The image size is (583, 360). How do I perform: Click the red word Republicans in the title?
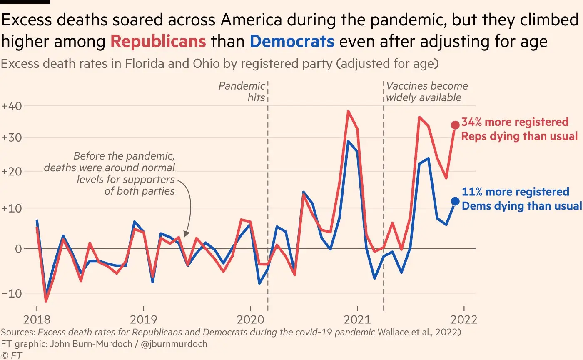(158, 42)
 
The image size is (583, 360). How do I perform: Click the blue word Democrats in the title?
(292, 42)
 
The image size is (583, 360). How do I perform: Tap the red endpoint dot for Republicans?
(455, 125)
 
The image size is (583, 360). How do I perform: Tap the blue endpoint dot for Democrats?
(455, 201)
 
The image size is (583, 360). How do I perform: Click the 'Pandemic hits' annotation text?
(242, 92)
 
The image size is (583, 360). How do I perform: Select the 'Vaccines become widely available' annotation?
(427, 92)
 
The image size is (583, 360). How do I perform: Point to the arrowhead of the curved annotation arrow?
(186, 236)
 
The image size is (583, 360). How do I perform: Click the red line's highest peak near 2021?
(348, 111)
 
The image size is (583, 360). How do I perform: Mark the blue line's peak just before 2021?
(348, 141)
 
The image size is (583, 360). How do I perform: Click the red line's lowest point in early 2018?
(46, 301)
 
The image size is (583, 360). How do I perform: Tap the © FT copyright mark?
(12, 355)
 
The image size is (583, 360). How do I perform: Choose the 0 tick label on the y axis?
(18, 249)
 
